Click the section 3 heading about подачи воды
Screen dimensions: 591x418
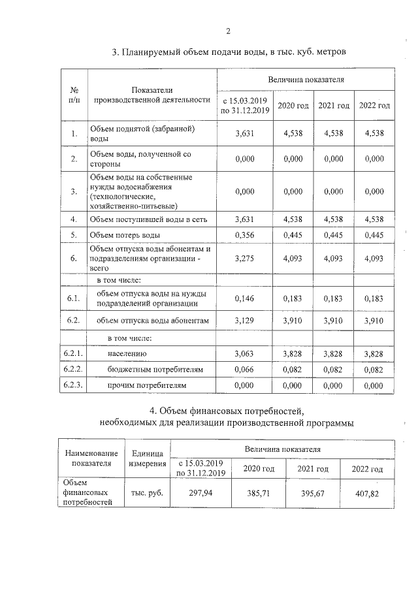coord(233,52)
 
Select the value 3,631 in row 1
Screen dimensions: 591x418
coord(244,133)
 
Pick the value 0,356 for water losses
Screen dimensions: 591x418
coord(244,234)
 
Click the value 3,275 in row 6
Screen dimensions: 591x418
coord(244,259)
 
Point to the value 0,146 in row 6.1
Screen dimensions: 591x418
coord(244,298)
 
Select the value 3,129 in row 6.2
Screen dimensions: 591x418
coord(244,321)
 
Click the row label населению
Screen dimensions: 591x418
coord(127,353)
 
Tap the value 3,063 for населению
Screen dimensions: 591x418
coord(244,353)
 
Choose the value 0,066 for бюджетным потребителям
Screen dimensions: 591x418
coord(244,370)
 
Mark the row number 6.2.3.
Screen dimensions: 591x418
coord(74,386)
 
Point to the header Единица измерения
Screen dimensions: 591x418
coord(147,458)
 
